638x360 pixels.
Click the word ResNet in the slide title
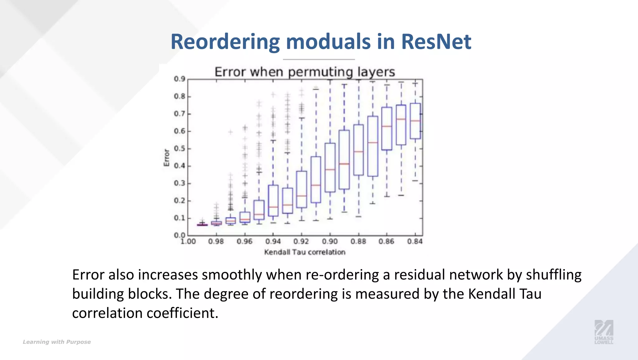coord(436,41)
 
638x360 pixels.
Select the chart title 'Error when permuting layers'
coord(305,72)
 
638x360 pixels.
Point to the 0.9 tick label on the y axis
coord(179,79)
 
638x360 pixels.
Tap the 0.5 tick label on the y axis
coord(179,148)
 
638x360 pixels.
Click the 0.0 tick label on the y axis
coord(179,235)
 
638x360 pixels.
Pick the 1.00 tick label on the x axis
coord(188,242)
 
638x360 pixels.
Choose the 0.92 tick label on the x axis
coord(301,242)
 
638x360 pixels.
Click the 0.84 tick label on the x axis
coord(415,242)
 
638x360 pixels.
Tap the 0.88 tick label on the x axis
coord(358,242)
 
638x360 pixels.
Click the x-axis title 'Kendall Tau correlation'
coord(305,252)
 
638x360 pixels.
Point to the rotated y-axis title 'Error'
coord(167,157)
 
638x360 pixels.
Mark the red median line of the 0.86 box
coord(387,126)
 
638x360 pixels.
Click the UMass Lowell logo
coord(604,332)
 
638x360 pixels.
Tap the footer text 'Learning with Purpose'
coord(57,342)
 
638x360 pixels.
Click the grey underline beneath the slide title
coord(319,59)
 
